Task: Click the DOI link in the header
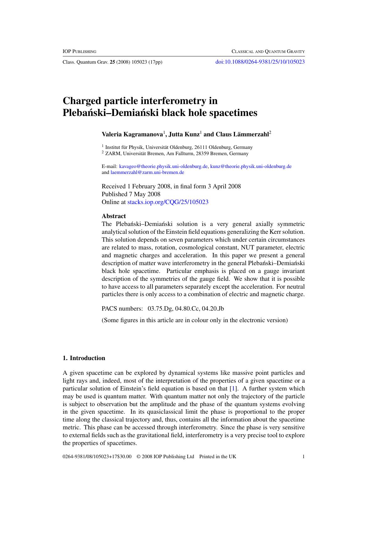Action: point(260,62)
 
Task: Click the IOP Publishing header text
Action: point(79,51)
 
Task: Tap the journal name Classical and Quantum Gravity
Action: point(268,51)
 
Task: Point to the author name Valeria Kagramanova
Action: point(132,134)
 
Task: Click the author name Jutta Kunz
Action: point(184,134)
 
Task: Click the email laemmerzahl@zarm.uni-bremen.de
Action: point(147,172)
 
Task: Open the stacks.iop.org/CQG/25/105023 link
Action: point(168,202)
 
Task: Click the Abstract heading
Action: point(114,216)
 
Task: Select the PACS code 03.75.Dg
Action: point(160,309)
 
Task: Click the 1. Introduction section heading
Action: point(84,358)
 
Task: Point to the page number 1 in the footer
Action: point(303,457)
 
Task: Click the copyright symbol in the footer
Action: point(138,457)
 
